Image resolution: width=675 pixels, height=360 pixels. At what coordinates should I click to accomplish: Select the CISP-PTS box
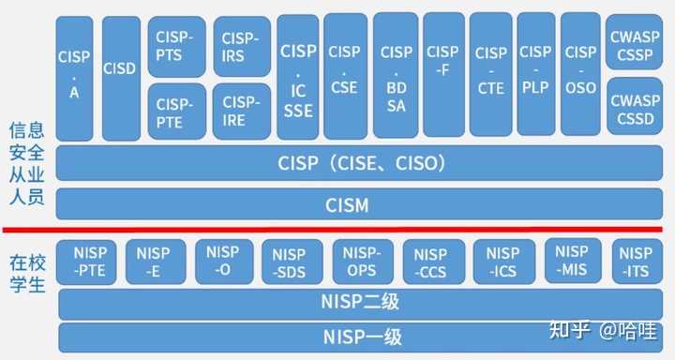[176, 46]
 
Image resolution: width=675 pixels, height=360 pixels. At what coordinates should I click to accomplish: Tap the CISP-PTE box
[176, 112]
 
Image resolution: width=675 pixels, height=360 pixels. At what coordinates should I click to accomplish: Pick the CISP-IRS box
[241, 46]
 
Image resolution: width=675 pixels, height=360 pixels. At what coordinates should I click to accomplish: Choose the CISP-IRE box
[241, 112]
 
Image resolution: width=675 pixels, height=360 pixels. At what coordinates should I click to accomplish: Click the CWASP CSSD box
[634, 110]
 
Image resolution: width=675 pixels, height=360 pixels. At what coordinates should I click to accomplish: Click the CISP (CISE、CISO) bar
[360, 163]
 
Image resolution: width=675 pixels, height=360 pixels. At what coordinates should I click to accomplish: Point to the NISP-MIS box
[572, 262]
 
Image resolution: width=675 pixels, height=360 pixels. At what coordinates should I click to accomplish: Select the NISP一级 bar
[360, 337]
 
